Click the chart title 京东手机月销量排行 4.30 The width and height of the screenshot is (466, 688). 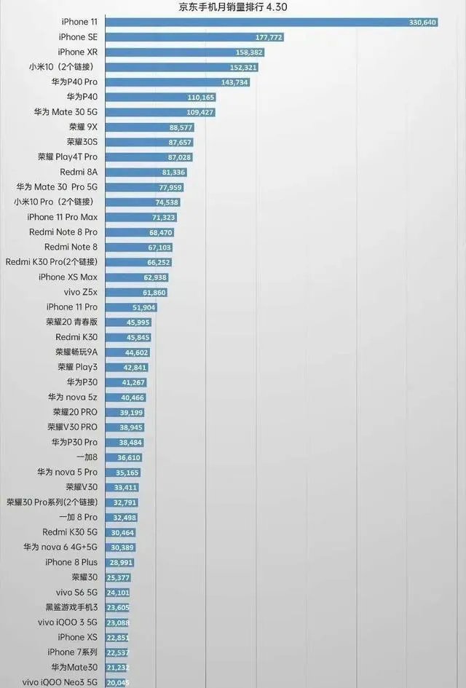click(233, 6)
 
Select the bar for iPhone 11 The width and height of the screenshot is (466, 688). click(269, 23)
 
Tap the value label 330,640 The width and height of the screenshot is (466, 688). click(422, 23)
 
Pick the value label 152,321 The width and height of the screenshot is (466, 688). click(243, 67)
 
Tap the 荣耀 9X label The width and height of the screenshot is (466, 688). click(82, 127)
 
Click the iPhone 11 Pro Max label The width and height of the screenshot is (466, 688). click(62, 217)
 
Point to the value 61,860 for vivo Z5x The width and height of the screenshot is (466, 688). click(154, 292)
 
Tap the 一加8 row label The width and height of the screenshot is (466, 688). click(87, 456)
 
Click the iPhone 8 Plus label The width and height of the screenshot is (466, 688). click(71, 562)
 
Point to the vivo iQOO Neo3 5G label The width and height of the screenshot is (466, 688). click(60, 681)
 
